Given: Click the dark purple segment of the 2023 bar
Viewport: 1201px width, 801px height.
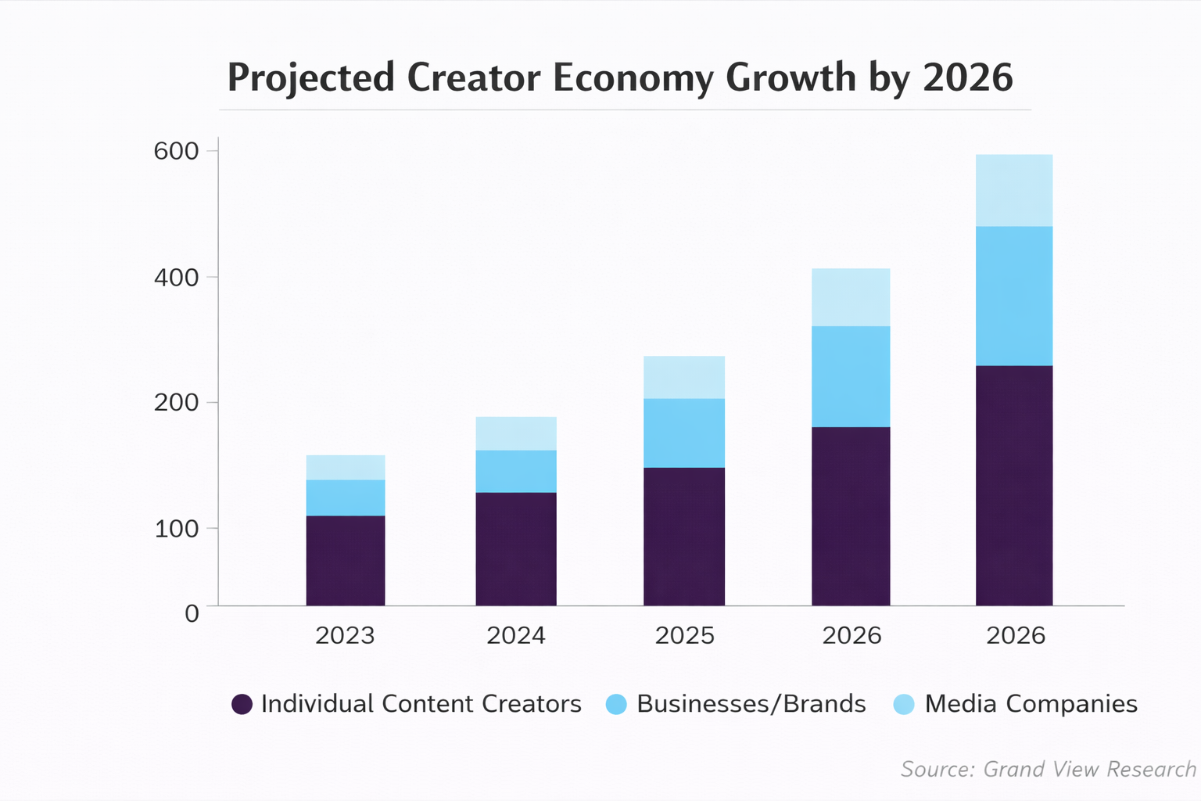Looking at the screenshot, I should [345, 560].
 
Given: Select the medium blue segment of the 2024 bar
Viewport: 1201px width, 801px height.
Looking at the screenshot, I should [516, 471].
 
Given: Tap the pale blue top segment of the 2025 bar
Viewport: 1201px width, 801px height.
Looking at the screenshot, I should [684, 377].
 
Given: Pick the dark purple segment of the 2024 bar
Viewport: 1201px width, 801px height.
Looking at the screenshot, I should [516, 548].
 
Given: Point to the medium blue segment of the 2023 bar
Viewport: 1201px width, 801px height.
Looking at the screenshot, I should [345, 497].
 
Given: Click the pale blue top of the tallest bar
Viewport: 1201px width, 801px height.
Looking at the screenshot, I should [1014, 190].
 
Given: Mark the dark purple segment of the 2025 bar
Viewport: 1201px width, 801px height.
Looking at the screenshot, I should [684, 536].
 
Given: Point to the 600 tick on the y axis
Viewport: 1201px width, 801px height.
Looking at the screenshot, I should [176, 151].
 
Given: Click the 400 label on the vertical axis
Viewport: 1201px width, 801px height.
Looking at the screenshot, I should [176, 277].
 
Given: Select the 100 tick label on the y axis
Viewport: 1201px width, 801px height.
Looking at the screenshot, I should [176, 529].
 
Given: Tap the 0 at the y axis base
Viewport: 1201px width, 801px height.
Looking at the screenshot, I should [192, 613].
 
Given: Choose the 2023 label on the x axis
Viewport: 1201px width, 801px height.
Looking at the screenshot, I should [345, 635].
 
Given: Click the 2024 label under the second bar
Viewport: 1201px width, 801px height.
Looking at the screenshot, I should [516, 635].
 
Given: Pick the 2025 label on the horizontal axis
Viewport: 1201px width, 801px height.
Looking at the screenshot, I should [684, 635].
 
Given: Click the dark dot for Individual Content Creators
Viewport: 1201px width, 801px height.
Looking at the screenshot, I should [242, 704].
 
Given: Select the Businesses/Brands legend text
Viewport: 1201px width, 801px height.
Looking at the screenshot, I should [751, 704].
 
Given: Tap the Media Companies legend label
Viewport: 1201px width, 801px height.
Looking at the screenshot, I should [1031, 704].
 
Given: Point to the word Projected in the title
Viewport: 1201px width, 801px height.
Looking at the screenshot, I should [310, 77].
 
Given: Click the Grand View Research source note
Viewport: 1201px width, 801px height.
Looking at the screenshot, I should [1048, 769].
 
